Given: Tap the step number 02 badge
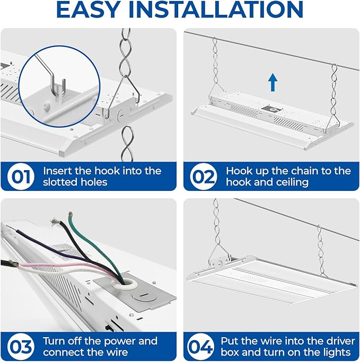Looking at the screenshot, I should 204,177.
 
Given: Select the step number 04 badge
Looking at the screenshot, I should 204,346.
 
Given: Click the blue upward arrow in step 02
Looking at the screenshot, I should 273,82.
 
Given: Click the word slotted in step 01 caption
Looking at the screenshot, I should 62,182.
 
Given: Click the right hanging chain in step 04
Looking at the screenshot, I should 320,246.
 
